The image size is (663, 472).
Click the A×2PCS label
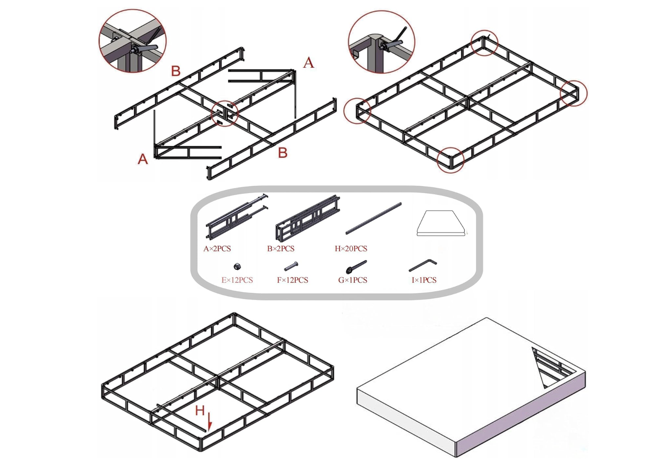pos(217,249)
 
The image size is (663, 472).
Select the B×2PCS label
pos(281,249)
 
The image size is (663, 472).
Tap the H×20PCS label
pos(351,249)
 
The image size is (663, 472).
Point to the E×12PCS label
pos(237,280)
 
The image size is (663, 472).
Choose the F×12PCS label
pos(293,280)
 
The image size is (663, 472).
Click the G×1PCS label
pos(353,280)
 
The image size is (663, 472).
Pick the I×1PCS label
pos(424,280)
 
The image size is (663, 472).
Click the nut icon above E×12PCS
pos(237,266)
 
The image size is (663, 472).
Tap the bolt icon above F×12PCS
pos(291,266)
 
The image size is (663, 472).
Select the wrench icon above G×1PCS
pos(356,266)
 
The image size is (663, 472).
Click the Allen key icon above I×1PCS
pos(423,265)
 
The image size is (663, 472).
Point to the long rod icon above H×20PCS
pos(373,218)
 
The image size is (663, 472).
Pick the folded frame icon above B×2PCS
pos(307,218)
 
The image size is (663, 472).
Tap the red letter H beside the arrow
pos(200,411)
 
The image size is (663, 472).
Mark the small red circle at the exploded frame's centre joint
pos(225,113)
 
